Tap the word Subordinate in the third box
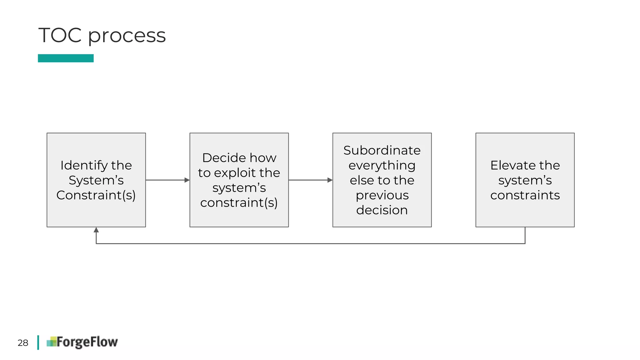(382, 150)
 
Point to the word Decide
(222, 158)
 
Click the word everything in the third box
(382, 165)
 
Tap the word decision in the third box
(382, 210)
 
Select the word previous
(382, 195)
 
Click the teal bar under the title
(66, 58)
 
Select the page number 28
(23, 343)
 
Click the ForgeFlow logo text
(87, 342)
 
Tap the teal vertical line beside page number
(38, 342)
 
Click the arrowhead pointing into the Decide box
(187, 180)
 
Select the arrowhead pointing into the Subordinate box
(330, 180)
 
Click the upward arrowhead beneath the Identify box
(96, 230)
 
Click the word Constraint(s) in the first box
(96, 195)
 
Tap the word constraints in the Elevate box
(525, 195)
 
